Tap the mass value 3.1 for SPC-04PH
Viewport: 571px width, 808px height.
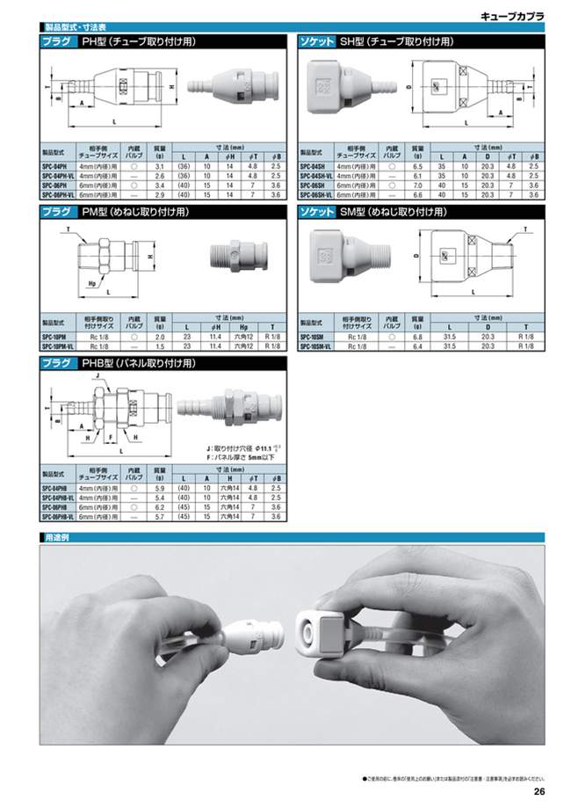[x=159, y=166]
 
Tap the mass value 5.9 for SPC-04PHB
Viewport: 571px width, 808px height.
[x=159, y=488]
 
